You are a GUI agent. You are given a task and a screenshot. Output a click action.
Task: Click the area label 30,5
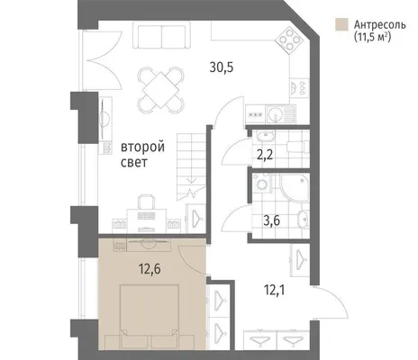point(222,67)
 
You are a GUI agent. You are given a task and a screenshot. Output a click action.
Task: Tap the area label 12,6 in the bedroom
point(150,269)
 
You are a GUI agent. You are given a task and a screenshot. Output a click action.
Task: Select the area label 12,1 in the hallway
point(274,290)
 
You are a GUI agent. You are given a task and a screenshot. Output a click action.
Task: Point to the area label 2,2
point(265,156)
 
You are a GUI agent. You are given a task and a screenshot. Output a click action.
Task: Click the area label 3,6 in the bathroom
point(272,221)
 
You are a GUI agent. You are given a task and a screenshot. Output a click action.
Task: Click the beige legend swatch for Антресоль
point(341,24)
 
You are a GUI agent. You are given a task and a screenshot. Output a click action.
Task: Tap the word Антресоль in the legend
point(380,24)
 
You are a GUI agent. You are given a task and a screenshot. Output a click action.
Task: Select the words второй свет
point(142,155)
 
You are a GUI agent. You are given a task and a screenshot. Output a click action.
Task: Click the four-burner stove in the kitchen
point(289,39)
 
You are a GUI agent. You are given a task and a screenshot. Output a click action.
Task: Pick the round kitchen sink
point(276,114)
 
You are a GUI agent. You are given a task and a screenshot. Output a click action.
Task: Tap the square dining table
point(160,90)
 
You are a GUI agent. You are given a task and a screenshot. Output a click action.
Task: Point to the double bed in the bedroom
point(150,317)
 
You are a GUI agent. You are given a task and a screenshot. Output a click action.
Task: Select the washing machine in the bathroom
point(262,182)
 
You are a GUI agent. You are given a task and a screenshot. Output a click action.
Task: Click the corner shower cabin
point(295,187)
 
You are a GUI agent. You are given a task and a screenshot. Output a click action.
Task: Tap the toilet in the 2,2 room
point(298,147)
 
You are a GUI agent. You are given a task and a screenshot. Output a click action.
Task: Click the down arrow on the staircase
point(192,180)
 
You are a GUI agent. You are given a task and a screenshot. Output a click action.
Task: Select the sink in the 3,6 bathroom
point(304,220)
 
